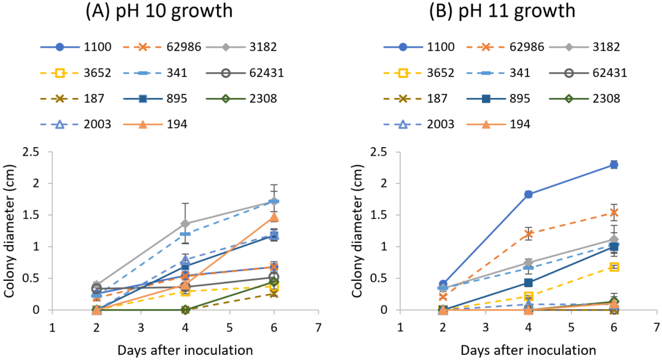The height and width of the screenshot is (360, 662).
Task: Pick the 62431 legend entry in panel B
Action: pyautogui.click(x=588, y=73)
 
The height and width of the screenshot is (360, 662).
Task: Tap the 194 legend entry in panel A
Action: pyautogui.click(x=155, y=124)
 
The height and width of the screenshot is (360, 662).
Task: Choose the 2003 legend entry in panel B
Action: pyautogui.click(x=419, y=124)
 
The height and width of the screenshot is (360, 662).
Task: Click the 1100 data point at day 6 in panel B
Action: pyautogui.click(x=614, y=165)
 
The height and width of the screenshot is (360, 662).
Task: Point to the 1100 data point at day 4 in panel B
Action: pyautogui.click(x=528, y=194)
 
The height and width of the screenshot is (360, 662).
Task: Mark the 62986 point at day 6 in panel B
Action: pyautogui.click(x=614, y=212)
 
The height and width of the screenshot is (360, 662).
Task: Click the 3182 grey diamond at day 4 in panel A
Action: pyautogui.click(x=185, y=223)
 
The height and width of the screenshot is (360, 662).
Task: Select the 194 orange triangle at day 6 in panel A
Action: pyautogui.click(x=274, y=217)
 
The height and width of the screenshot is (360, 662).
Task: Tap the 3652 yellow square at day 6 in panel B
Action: pyautogui.click(x=614, y=267)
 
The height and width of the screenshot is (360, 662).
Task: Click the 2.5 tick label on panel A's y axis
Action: pyautogui.click(x=31, y=152)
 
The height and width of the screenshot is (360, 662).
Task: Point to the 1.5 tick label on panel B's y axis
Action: pyautogui.click(x=379, y=215)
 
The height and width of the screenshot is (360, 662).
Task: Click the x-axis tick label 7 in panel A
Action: pyautogui.click(x=318, y=328)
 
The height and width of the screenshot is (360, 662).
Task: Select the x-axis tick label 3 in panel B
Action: pyautogui.click(x=485, y=328)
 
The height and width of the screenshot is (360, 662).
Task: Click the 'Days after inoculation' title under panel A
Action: pyautogui.click(x=185, y=350)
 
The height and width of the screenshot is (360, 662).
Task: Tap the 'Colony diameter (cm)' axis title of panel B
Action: pyautogui.click(x=357, y=231)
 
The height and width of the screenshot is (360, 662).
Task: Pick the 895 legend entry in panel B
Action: pyautogui.click(x=498, y=99)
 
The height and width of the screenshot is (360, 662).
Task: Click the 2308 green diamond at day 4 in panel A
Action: pyautogui.click(x=185, y=309)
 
